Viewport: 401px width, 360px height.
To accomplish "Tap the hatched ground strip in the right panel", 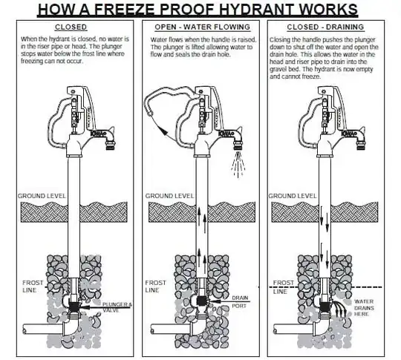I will tap(327, 211).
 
